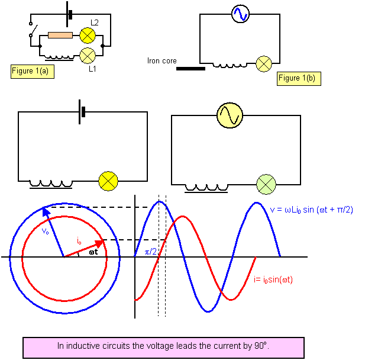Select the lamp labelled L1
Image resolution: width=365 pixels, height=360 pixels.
click(87, 56)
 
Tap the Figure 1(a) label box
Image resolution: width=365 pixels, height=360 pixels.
click(34, 71)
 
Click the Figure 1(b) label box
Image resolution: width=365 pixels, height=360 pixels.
click(299, 78)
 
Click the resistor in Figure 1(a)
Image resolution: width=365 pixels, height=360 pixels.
click(60, 35)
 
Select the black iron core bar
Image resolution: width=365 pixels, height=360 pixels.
click(190, 69)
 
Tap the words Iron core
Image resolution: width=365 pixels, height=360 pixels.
click(161, 60)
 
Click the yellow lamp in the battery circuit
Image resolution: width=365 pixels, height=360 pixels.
click(108, 180)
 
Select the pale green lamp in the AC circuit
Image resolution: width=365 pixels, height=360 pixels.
click(266, 185)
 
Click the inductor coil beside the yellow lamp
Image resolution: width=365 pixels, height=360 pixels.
click(50, 184)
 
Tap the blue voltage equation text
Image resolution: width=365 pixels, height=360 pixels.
click(311, 210)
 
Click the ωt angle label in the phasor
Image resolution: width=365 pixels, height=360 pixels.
click(93, 252)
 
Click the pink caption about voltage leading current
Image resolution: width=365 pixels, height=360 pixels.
click(163, 346)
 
